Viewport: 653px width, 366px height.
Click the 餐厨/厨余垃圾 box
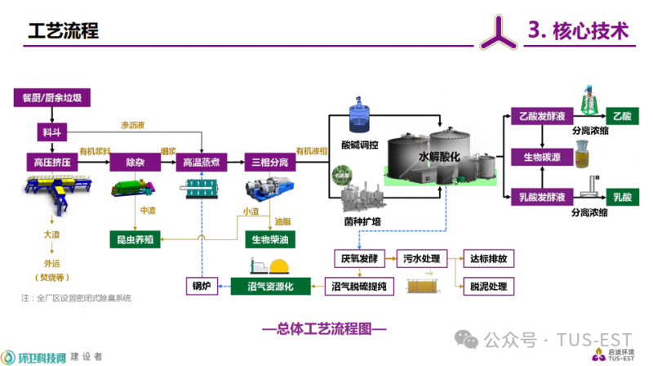coord(51,98)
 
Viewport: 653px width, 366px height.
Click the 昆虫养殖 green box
coord(135,239)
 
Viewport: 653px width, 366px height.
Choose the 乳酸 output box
coord(623,196)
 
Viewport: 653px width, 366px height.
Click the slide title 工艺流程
coord(63,32)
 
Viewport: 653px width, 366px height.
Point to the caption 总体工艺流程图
coord(324,329)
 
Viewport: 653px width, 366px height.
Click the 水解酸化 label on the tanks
coord(440,155)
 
